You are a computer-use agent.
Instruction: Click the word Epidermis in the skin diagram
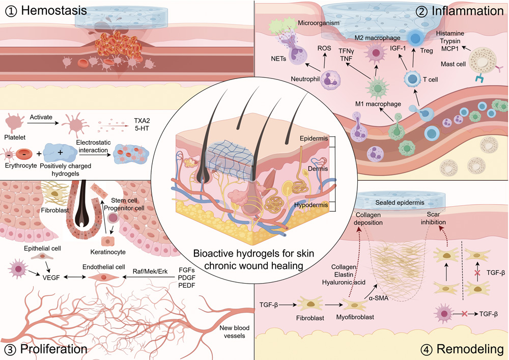pyautogui.click(x=310, y=138)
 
